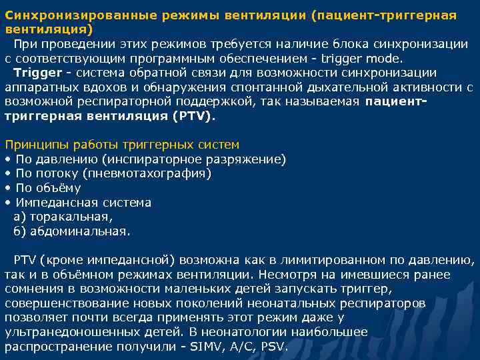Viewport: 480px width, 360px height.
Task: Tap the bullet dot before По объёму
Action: [7, 188]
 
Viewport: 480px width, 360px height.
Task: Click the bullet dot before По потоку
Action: [7, 173]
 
